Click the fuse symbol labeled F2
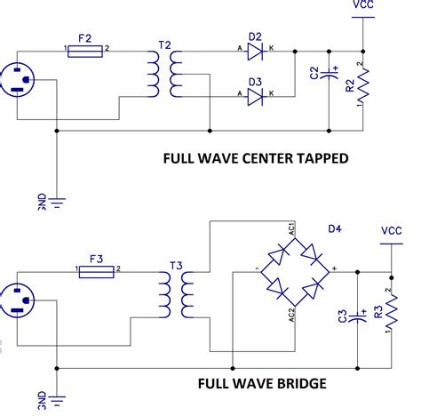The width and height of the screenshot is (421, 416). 86,52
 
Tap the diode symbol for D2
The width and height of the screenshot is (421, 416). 255,52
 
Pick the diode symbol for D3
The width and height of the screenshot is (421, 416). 255,93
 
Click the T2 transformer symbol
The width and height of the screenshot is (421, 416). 166,74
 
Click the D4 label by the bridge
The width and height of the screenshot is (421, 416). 334,229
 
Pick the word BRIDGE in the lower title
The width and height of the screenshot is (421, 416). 296,383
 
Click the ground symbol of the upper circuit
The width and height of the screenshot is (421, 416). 57,202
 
